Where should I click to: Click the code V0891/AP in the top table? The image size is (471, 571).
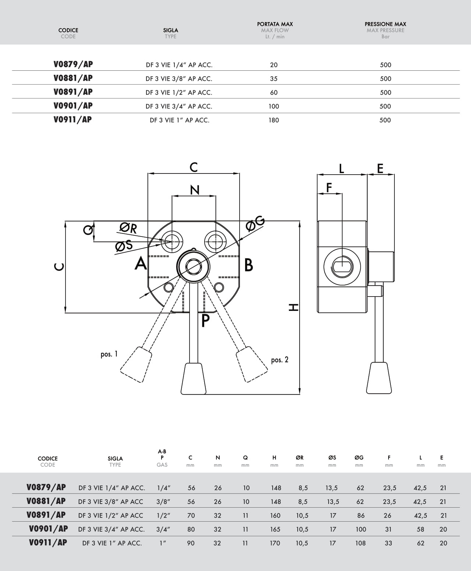click(x=73, y=92)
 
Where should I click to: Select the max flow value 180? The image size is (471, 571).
click(x=274, y=120)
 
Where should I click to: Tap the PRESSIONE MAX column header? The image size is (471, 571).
click(x=385, y=24)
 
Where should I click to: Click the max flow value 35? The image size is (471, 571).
click(x=274, y=78)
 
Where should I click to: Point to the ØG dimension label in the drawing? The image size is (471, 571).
click(x=255, y=223)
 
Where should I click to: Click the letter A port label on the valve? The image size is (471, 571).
click(x=141, y=264)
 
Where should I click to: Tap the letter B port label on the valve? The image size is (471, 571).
click(x=249, y=265)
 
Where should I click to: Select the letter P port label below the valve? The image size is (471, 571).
click(x=205, y=321)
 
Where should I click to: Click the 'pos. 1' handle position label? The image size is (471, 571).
click(x=109, y=354)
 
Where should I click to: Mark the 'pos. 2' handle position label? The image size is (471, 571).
click(x=280, y=360)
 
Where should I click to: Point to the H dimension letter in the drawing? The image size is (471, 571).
click(x=294, y=307)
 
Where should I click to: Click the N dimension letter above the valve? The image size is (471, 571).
click(x=195, y=190)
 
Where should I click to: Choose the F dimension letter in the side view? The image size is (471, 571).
click(x=329, y=188)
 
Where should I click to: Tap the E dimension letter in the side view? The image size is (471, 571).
click(x=380, y=168)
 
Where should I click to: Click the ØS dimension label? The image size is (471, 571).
click(x=124, y=246)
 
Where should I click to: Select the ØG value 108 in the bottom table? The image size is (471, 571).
click(x=360, y=543)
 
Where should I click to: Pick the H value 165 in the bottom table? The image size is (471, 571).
click(x=275, y=529)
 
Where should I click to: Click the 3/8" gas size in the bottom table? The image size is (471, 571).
click(x=162, y=502)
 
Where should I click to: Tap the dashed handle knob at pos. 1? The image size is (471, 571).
click(x=136, y=364)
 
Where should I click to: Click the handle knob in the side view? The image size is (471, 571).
click(x=379, y=378)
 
